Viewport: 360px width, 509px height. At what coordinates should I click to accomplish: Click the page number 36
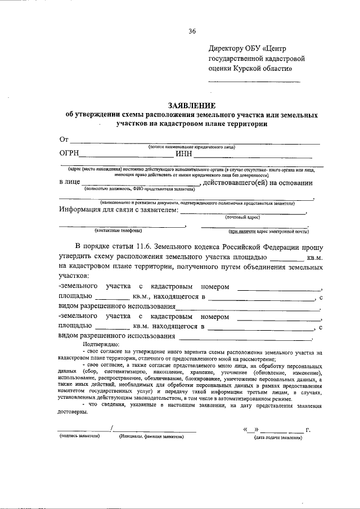(192, 31)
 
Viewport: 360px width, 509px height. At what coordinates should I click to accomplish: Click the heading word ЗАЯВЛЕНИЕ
(191, 105)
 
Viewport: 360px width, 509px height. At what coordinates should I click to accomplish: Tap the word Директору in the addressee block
(231, 48)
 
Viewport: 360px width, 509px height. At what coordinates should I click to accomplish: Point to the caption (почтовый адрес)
(242, 217)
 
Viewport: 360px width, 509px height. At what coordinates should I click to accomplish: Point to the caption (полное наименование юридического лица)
(192, 146)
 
